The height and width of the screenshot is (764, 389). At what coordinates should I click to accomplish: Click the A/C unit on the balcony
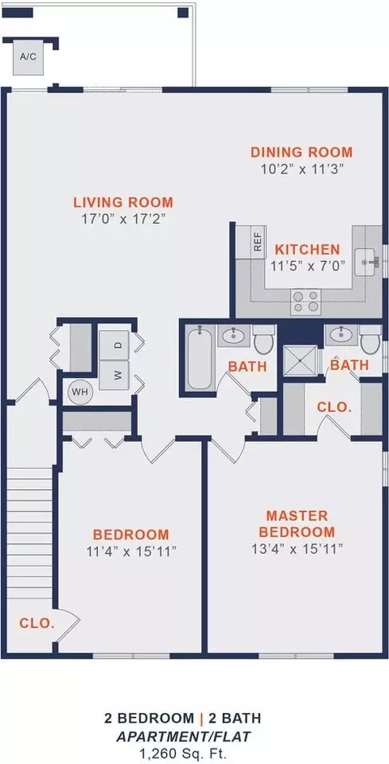[x=28, y=58]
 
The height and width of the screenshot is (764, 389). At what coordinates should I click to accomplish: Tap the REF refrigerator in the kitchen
[x=251, y=242]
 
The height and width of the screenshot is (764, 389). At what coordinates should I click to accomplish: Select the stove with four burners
[x=306, y=302]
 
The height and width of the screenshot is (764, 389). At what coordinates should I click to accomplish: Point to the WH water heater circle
[x=79, y=392]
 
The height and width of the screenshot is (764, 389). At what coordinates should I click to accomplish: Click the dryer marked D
[x=114, y=345]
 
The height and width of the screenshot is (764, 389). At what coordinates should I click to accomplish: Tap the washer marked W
[x=114, y=376]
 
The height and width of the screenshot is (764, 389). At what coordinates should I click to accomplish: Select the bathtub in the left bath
[x=199, y=358]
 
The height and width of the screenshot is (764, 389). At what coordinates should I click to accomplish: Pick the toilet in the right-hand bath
[x=370, y=340]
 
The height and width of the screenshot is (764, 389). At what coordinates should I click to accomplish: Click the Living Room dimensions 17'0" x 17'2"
[x=124, y=218]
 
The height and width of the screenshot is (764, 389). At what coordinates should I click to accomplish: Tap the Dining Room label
[x=301, y=152]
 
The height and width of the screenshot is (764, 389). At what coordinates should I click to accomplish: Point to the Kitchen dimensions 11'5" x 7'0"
[x=308, y=265]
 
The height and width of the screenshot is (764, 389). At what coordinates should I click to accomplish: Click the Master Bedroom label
[x=297, y=523]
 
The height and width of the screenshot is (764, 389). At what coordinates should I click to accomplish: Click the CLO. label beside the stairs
[x=37, y=623]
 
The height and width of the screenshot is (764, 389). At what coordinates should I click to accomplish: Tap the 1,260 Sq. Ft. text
[x=182, y=752]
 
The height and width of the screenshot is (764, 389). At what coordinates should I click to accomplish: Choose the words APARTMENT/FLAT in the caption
[x=182, y=736]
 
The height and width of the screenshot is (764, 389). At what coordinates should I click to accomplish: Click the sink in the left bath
[x=233, y=336]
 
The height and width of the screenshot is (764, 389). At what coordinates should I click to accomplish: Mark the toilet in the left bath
[x=264, y=340]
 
